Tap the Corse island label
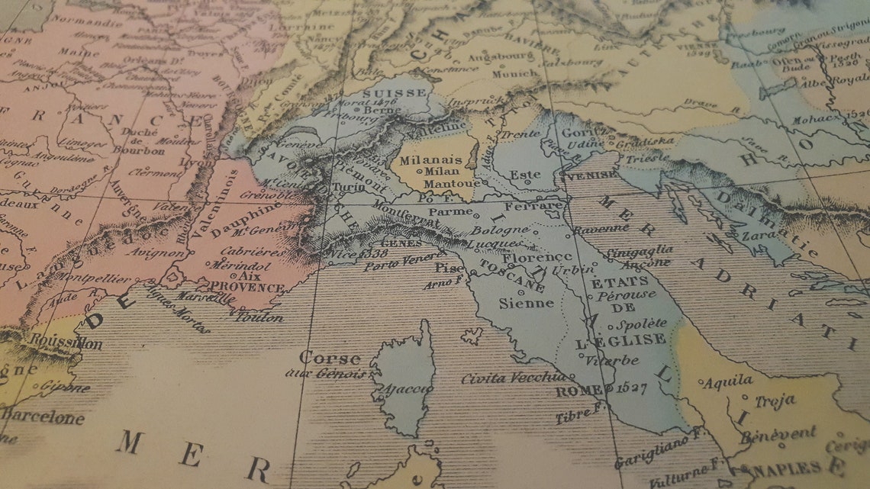(x=330, y=358)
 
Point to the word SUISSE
(x=395, y=94)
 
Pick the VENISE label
(x=591, y=175)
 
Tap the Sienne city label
(x=526, y=303)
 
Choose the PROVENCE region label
(x=246, y=288)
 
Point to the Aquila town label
(x=726, y=381)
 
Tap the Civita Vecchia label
(x=512, y=378)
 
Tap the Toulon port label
(x=259, y=317)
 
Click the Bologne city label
(x=499, y=230)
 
